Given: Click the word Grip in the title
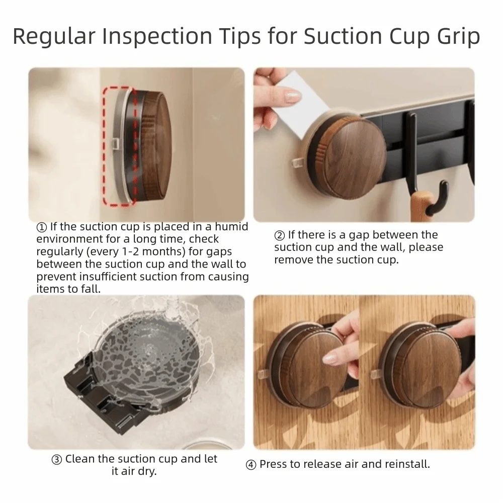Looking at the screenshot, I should pyautogui.click(x=456, y=37).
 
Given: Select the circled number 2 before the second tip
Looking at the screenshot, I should pyautogui.click(x=279, y=235).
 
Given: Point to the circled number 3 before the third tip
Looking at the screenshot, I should pyautogui.click(x=57, y=459).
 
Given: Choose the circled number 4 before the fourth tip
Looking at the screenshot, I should pyautogui.click(x=250, y=465).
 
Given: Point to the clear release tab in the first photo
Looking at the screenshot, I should pyautogui.click(x=115, y=145).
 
